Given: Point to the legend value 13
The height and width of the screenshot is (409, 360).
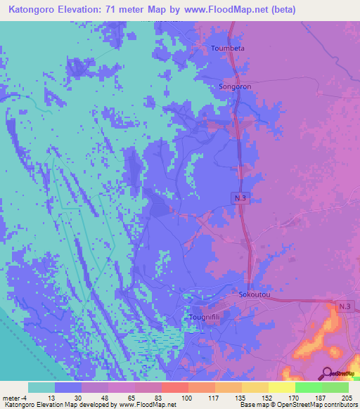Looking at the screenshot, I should [55, 397].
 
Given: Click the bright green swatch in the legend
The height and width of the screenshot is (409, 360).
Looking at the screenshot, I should [309, 387].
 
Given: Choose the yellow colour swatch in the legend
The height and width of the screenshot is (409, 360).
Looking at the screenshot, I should [282, 387].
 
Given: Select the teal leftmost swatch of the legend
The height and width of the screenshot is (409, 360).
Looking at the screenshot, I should [41, 387].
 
